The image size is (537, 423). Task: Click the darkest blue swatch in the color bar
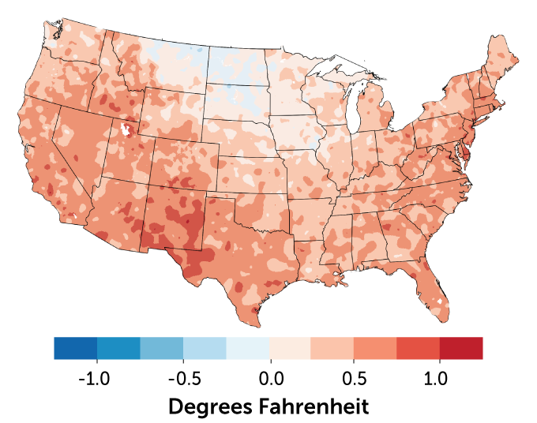[x=75, y=348]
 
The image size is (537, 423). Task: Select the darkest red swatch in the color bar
[x=461, y=348]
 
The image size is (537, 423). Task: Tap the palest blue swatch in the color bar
[x=247, y=348]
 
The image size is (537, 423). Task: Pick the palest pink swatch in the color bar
[x=290, y=348]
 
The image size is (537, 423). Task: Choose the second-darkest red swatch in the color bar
[x=418, y=348]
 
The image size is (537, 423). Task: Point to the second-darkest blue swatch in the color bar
[x=118, y=348]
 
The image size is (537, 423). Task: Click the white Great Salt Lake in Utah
[x=125, y=130]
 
